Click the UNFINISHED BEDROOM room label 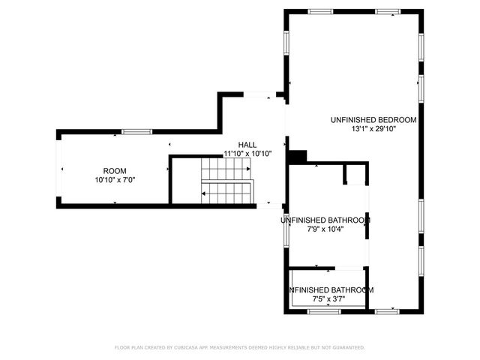[x=373, y=119]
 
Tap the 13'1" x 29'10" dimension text [x=373, y=129]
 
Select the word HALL [x=247, y=144]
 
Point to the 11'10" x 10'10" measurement [x=247, y=154]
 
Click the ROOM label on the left [x=115, y=170]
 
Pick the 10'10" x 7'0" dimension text [x=115, y=180]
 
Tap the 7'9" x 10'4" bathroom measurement [x=325, y=229]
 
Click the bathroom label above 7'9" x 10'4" [x=325, y=220]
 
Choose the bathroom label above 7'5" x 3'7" [x=331, y=289]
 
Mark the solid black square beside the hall [x=298, y=156]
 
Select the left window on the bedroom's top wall [x=321, y=11]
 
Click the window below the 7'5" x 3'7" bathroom [x=329, y=311]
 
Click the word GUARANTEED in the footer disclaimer [x=347, y=347]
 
